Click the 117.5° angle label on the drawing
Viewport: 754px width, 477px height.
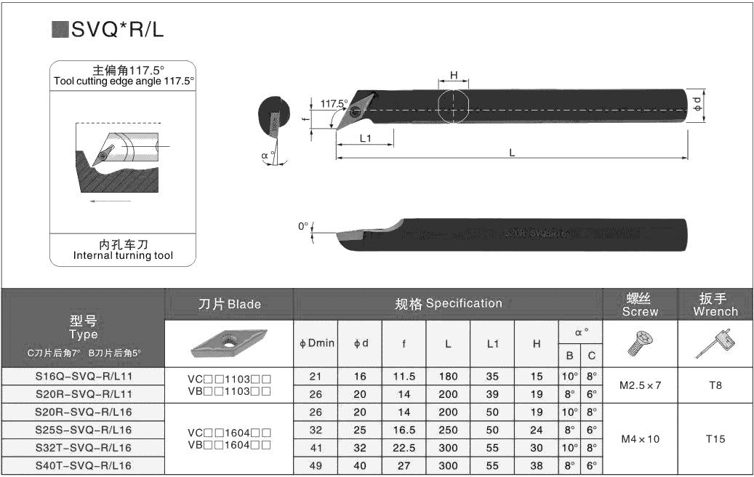tap(332, 103)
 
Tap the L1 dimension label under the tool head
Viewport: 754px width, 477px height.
tap(365, 137)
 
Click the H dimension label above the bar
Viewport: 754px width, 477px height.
tap(454, 75)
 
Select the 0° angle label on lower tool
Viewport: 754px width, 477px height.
tap(303, 226)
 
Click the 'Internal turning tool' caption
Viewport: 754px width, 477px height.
tap(123, 256)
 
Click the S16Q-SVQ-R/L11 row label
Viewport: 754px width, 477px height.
tap(83, 377)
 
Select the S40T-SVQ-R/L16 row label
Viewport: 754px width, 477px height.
tap(83, 465)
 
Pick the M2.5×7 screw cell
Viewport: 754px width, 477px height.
tap(640, 385)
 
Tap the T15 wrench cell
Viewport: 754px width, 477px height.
tap(715, 438)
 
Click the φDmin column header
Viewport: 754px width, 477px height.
tap(316, 342)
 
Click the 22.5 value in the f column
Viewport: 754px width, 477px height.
tap(404, 448)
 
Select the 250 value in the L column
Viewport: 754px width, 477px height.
tap(448, 430)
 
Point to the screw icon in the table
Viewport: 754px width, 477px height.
tap(640, 342)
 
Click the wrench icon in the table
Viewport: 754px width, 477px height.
tap(715, 342)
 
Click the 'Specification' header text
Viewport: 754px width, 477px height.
tap(463, 303)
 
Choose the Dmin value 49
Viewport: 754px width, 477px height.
tap(316, 465)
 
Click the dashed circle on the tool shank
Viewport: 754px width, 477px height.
tap(454, 106)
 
